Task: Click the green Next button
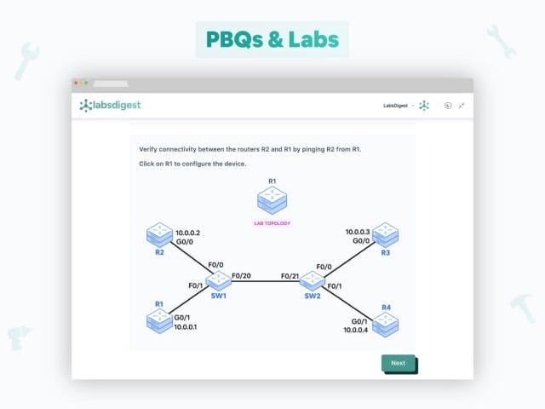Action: pos(398,363)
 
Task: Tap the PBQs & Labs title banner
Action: pos(272,39)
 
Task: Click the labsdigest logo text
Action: pos(111,105)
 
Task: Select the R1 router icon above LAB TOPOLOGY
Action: pos(272,201)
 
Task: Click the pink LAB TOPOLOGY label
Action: pos(272,223)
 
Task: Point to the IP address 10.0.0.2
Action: pos(189,232)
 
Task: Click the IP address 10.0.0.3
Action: pos(358,232)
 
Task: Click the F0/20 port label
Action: pos(241,274)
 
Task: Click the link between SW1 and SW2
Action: pos(266,281)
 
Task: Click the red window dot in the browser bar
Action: pos(75,83)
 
